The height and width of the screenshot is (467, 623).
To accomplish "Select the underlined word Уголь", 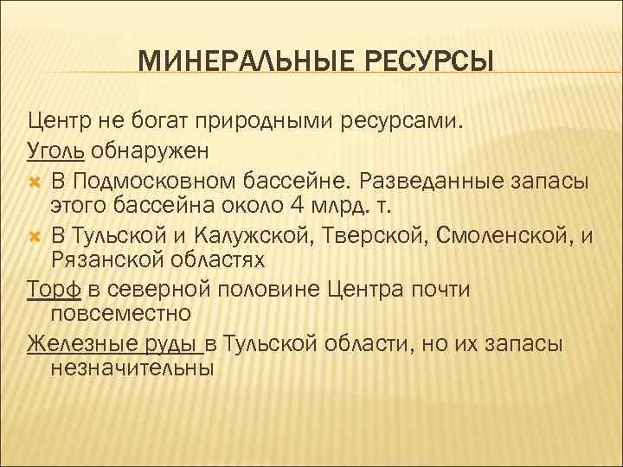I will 55,151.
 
